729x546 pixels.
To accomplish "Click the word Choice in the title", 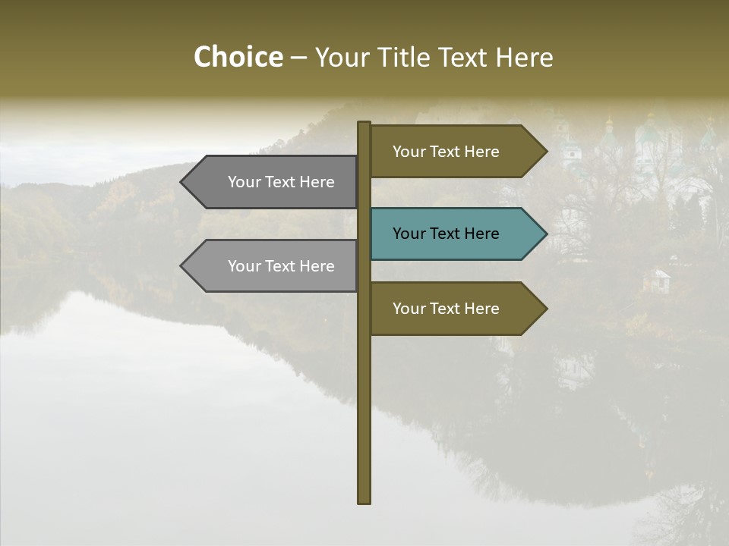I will (238, 57).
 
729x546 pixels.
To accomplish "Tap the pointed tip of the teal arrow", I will (545, 234).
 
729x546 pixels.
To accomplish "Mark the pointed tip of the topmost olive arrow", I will (545, 152).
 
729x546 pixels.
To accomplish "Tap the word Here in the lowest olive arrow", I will (481, 309).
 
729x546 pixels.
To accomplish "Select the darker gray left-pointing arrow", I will (273, 182).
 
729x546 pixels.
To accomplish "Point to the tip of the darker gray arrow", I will (182, 182).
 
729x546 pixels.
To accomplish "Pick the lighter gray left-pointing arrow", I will (273, 266).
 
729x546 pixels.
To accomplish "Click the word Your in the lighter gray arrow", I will (245, 266).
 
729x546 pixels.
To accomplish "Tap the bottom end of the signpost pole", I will (364, 500).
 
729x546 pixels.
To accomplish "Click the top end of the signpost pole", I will (364, 124).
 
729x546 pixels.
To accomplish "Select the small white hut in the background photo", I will (656, 281).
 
